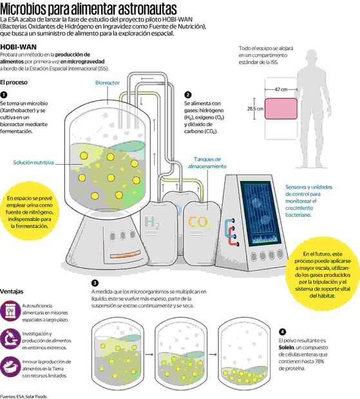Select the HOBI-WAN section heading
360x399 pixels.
(20, 48)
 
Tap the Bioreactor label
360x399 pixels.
(108, 83)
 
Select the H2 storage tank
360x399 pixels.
(153, 222)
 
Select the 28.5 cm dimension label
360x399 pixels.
(255, 109)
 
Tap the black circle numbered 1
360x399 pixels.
(4, 95)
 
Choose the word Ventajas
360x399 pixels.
(16, 291)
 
